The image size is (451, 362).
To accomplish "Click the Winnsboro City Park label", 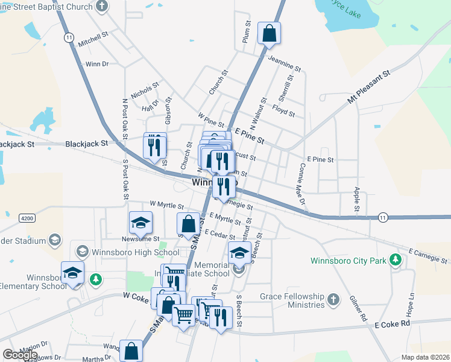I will click(x=347, y=261).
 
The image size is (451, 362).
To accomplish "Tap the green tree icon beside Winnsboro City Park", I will click(x=395, y=260).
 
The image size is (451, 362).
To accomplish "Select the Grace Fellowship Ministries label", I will click(x=292, y=300).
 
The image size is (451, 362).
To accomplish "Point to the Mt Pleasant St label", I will click(x=369, y=87).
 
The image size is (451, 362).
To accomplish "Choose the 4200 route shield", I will click(x=27, y=218).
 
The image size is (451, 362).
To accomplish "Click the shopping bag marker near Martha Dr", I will click(x=131, y=351).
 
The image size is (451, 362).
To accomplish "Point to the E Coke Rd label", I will click(x=392, y=324).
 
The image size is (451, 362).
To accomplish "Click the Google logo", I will click(x=20, y=355).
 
